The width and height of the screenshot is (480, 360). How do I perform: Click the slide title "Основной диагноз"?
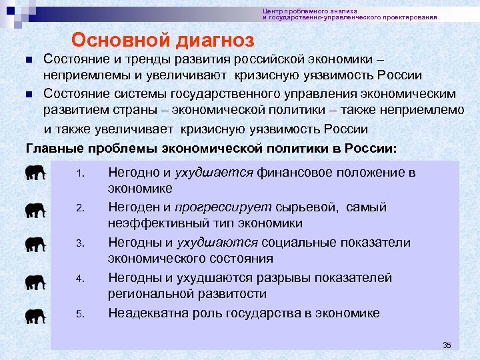163,41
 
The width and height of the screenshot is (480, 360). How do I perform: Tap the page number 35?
447,345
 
